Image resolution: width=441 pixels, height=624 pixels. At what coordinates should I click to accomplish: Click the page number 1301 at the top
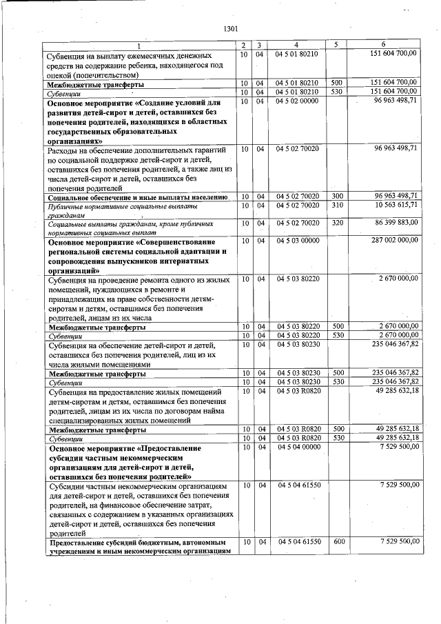point(231,29)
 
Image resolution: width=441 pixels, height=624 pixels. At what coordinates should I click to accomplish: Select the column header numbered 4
point(296,45)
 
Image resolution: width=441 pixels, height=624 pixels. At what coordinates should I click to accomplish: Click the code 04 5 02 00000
point(296,101)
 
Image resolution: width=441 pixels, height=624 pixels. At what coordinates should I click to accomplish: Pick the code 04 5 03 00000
point(296,241)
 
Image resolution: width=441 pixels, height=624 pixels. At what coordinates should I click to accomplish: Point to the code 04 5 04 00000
point(296,447)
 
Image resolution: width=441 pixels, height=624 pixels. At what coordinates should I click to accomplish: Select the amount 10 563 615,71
point(392,205)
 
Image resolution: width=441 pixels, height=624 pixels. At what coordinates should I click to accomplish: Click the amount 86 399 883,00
point(392,223)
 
